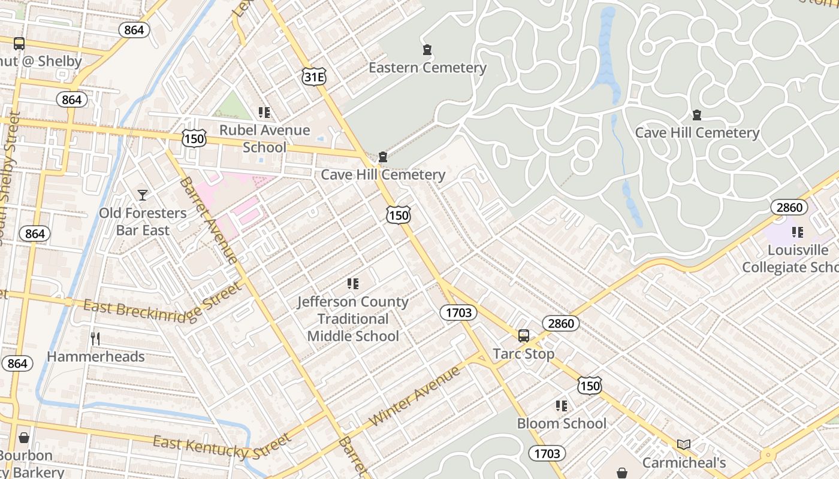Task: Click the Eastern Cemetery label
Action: pos(427,68)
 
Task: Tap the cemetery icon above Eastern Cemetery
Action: pos(427,50)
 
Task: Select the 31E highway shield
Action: pos(314,76)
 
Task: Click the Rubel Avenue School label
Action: pos(264,138)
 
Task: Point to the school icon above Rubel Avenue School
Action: pos(264,112)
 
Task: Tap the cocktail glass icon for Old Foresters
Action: pos(142,195)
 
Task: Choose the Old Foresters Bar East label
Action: pos(143,222)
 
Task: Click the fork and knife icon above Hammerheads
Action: pos(95,339)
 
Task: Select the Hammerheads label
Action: pos(96,357)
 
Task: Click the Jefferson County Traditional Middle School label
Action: pos(352,319)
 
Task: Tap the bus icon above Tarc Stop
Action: pos(524,336)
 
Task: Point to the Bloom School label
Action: pos(562,423)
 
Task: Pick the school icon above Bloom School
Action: pos(562,406)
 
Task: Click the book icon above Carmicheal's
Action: pos(684,444)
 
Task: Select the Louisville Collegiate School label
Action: pos(790,259)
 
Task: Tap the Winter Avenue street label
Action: pos(415,396)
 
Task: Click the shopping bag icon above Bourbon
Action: pos(24,438)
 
